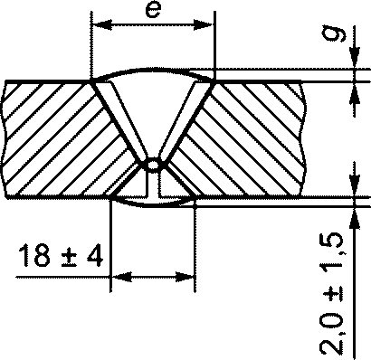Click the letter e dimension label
pos(154,10)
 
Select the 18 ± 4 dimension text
pos(61,256)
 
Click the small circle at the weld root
pos(153,165)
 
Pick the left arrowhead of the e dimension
pos(101,25)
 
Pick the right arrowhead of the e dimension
pos(203,25)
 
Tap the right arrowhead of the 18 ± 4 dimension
pos(185,277)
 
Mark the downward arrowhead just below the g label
pos(355,58)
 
